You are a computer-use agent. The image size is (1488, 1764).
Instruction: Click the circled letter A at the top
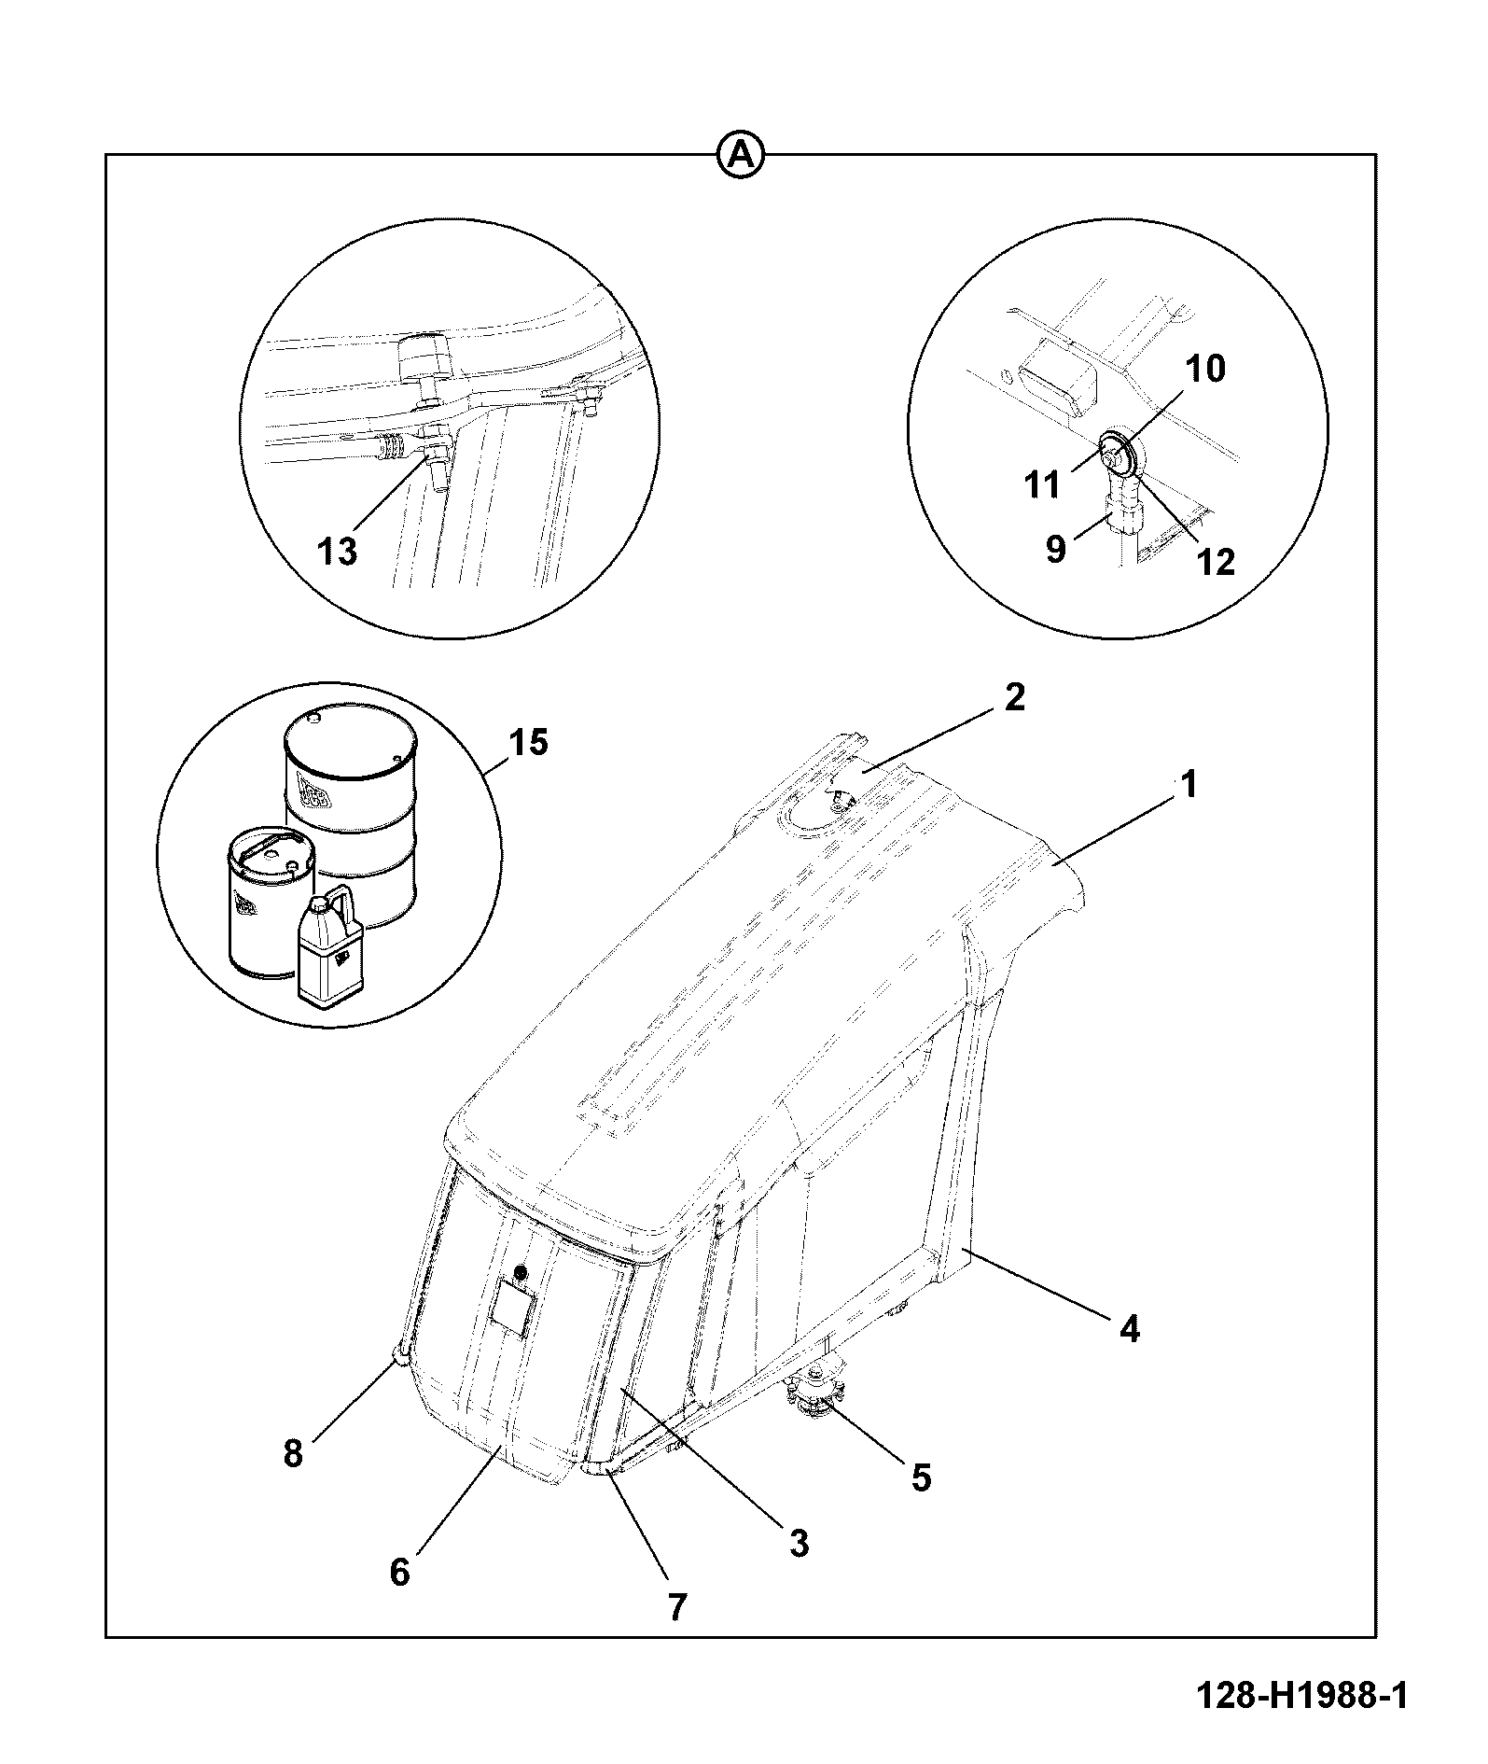741,154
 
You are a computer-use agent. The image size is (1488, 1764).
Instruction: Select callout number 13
337,552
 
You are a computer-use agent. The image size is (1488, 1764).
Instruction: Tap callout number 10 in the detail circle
1205,369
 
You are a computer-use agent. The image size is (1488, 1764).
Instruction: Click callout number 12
1216,561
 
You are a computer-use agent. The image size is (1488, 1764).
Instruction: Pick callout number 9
1055,549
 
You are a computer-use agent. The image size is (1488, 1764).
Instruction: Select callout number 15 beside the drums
527,743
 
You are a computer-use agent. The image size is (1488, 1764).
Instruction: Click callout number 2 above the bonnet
1014,697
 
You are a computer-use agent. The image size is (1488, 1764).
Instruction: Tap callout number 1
1188,785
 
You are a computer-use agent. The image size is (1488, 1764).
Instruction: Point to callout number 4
1130,1327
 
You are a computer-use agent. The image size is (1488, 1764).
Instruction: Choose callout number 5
921,1477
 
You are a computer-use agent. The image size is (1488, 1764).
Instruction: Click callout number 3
799,1543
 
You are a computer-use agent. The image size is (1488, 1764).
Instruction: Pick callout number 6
399,1573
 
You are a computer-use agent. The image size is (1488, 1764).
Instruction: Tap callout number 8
293,1453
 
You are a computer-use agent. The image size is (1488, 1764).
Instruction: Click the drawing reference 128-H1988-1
1302,1695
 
